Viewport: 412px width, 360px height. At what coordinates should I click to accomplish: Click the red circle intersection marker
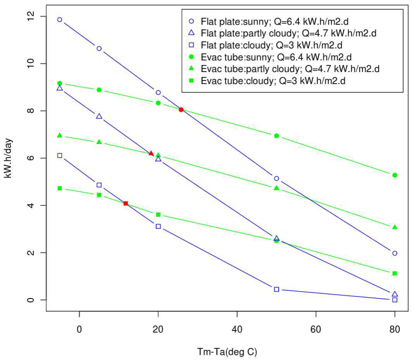click(x=181, y=109)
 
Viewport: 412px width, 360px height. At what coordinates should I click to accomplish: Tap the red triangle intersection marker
click(x=151, y=153)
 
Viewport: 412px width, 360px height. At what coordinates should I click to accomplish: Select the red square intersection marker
click(x=126, y=204)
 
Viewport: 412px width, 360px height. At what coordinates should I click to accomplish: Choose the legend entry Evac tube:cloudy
click(x=274, y=81)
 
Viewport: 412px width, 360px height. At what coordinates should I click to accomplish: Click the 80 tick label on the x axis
click(x=394, y=329)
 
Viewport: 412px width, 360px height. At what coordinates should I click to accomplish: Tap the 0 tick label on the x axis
click(x=80, y=329)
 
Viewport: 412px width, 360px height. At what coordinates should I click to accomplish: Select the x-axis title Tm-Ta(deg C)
click(x=227, y=352)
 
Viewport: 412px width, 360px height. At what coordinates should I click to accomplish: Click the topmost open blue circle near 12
click(x=60, y=20)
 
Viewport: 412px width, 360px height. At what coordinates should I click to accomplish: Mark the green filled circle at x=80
click(x=395, y=175)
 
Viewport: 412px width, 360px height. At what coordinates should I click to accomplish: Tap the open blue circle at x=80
click(x=395, y=253)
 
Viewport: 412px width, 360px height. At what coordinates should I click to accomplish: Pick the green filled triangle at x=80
click(x=395, y=227)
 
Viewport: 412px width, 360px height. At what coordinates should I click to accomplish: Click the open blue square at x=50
click(x=276, y=289)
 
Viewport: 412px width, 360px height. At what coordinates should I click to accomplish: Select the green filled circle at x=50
click(x=276, y=136)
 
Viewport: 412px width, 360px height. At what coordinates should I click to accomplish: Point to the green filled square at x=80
click(x=395, y=274)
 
